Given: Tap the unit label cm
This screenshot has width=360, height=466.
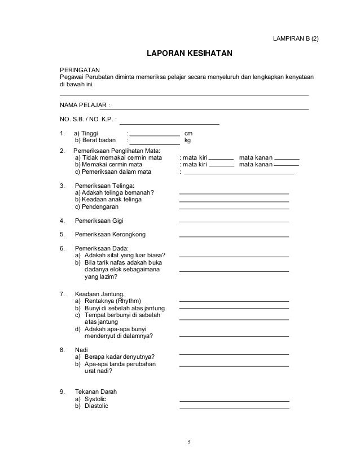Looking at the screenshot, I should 188,133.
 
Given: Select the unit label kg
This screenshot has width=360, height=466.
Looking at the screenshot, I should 188,140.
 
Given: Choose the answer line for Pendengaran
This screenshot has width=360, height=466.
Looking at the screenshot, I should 234,208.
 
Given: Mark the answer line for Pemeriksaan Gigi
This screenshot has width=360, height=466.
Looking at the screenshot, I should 234,222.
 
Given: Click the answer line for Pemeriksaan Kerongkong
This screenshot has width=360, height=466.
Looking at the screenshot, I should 234,236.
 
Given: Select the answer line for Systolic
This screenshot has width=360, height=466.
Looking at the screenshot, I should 234,400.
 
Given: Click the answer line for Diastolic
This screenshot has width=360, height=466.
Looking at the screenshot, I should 234,407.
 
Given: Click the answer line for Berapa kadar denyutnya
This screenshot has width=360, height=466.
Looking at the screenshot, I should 234,354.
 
